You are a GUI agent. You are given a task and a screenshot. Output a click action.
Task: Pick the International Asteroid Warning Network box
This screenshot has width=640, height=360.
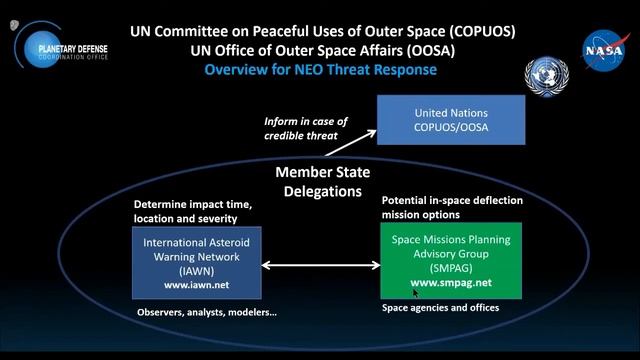[x=196, y=262]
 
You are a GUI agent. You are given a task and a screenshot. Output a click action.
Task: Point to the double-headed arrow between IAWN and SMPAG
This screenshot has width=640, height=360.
[x=320, y=266]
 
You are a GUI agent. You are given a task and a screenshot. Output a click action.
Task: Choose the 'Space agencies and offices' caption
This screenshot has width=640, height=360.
[x=441, y=307]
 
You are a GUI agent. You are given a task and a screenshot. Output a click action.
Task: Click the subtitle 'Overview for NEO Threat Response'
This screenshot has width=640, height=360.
[x=321, y=70]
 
